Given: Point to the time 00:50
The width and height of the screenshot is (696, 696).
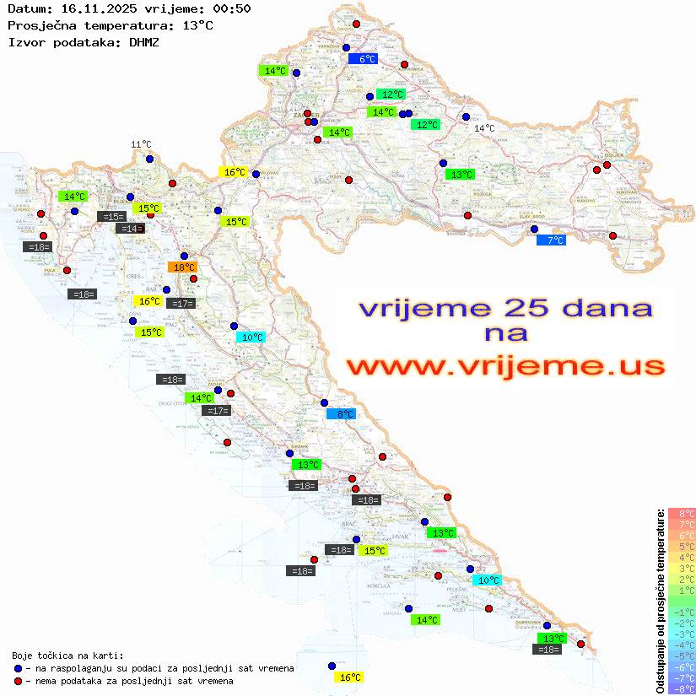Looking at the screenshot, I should (232, 8).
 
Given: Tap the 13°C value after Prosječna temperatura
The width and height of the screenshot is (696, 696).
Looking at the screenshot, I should (197, 25).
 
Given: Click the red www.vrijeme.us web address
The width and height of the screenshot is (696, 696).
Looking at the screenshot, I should (504, 366).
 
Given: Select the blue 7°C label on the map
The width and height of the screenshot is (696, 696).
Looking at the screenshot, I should (553, 240).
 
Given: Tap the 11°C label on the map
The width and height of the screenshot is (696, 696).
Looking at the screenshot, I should (141, 145).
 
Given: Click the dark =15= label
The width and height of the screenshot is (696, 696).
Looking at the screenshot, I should (112, 217).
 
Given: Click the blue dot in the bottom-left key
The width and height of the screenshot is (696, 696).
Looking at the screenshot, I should (19, 668).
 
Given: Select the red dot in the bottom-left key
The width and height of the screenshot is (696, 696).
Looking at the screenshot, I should (19, 681).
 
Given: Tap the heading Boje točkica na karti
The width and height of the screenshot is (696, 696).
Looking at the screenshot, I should (67, 656).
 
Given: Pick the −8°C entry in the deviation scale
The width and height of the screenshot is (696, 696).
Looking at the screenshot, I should (681, 688).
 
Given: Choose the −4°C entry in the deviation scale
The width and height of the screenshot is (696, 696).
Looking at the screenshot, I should (681, 645).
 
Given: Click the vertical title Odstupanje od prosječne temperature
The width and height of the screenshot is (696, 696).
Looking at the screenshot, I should (660, 601).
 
